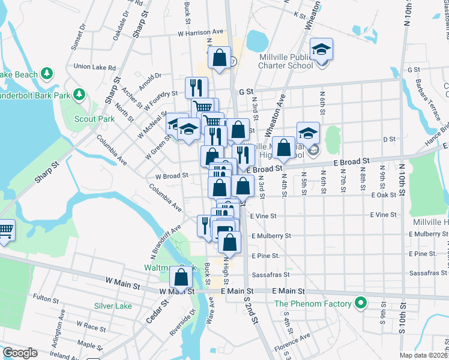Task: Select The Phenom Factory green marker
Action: click(x=360, y=304)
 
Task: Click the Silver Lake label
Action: click(x=112, y=306)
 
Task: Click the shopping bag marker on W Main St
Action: click(x=181, y=277)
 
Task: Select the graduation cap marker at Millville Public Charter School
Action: click(x=322, y=50)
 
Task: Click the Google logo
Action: click(x=19, y=353)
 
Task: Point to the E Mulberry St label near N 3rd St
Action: click(x=271, y=236)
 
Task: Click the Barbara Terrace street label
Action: click(x=423, y=95)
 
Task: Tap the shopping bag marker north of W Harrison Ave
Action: click(x=219, y=58)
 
